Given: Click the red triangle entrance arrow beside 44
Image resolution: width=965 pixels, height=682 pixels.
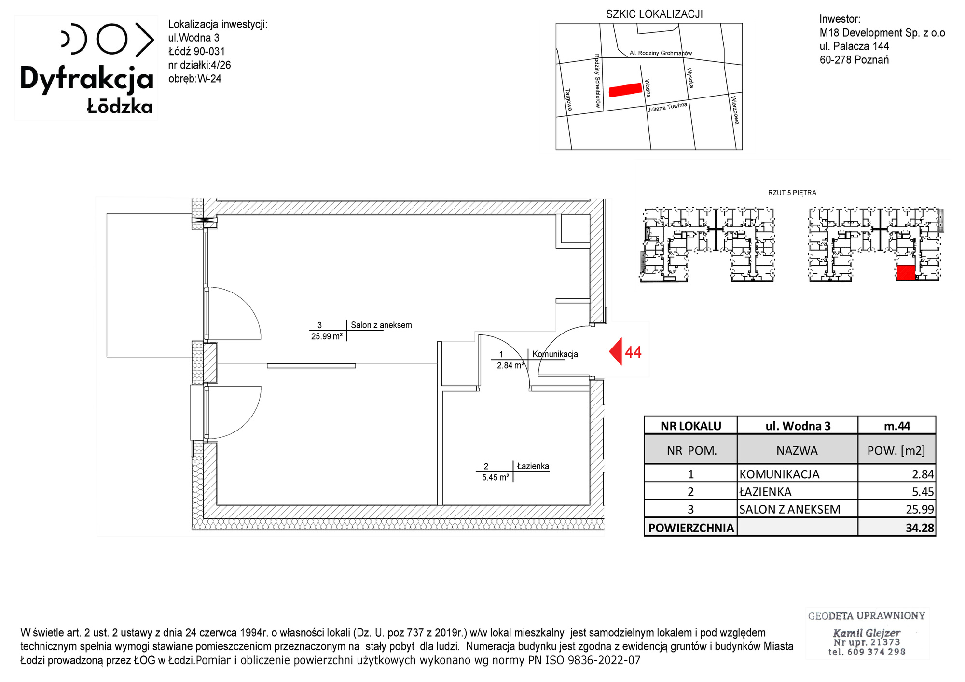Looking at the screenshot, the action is (616, 351).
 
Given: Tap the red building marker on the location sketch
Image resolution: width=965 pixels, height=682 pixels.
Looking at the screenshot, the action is (625, 90).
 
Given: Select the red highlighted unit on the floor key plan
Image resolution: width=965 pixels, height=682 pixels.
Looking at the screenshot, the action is (906, 273).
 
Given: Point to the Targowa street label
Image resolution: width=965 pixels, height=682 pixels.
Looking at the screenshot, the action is (568, 99).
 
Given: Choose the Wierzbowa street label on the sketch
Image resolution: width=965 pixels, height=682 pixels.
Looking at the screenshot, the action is (735, 110).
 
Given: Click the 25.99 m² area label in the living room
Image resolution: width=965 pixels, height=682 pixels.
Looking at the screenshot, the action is (327, 336).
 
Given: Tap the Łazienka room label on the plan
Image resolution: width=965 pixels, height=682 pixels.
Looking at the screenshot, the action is (533, 466).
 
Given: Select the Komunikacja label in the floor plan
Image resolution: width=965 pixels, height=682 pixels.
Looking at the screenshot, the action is (555, 354).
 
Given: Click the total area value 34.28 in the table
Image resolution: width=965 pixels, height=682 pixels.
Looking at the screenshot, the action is (920, 528).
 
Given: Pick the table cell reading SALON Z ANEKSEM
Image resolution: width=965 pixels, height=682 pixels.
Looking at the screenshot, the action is (789, 509).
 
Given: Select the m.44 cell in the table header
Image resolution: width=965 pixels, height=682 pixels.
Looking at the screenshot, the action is (896, 426).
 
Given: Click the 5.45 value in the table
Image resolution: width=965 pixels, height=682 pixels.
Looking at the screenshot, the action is (923, 492).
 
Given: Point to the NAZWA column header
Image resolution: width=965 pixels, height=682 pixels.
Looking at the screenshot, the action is (797, 451).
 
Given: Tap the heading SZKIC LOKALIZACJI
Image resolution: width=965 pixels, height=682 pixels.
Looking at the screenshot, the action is (654, 14).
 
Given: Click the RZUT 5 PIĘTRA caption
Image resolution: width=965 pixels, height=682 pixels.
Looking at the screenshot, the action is (792, 193).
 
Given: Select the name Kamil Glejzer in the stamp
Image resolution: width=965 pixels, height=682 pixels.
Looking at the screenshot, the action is (867, 633).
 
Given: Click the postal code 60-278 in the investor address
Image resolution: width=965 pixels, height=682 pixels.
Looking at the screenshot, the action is (835, 60).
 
